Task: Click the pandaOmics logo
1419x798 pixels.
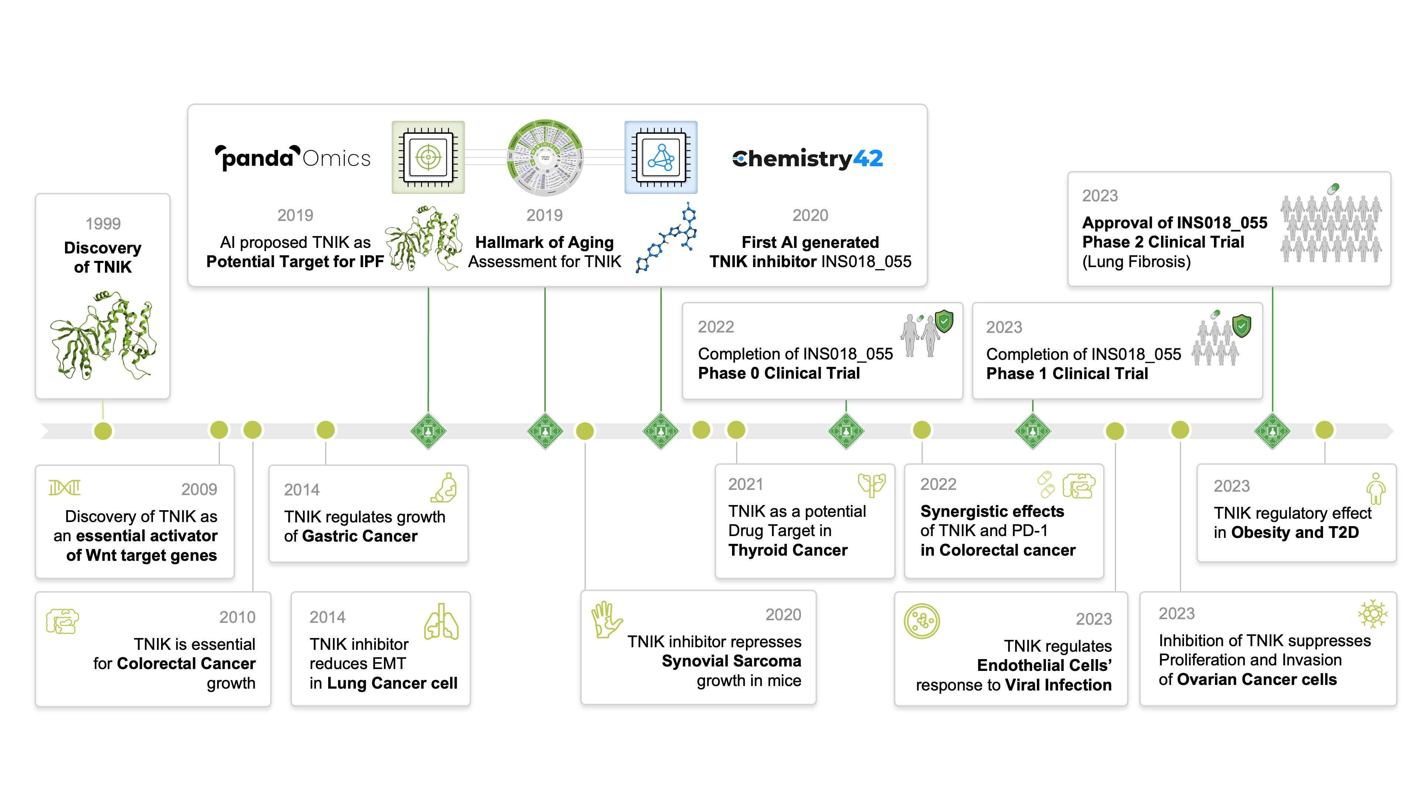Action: click(293, 158)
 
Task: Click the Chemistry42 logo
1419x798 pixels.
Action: click(807, 158)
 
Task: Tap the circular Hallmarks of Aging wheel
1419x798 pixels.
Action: click(544, 158)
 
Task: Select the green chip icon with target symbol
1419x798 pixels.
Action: click(428, 157)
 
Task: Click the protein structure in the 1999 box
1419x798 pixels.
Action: click(103, 336)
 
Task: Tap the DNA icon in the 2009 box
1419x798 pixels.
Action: click(64, 487)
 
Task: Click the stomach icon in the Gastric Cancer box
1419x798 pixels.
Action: click(444, 488)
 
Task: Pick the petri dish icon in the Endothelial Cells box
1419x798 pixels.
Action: click(922, 621)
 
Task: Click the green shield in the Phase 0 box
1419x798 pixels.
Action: click(944, 321)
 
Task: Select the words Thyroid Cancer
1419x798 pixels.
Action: click(788, 550)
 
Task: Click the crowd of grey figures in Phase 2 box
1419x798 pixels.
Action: click(1331, 229)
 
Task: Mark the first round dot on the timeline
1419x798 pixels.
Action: click(103, 431)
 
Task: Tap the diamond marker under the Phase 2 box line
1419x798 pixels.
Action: click(1272, 431)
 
